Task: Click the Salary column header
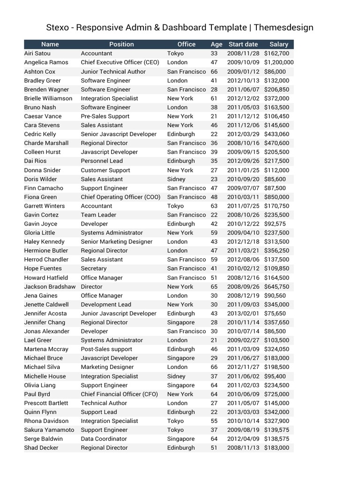coord(279,44)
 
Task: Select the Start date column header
coord(243,44)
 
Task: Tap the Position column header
coord(121,44)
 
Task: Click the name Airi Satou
coord(37,53)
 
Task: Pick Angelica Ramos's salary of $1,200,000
coord(279,62)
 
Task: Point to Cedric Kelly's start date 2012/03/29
coord(243,134)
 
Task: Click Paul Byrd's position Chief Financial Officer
coord(119,394)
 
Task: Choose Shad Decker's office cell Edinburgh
coord(181,448)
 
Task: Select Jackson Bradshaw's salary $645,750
coord(277,286)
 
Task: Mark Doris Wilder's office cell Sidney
coord(176,179)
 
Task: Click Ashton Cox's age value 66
coord(214,72)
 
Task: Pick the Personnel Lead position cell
coord(102,161)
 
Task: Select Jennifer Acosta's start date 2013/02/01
coord(243,314)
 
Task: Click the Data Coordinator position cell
coord(104,439)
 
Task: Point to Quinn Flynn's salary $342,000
coord(277,412)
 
